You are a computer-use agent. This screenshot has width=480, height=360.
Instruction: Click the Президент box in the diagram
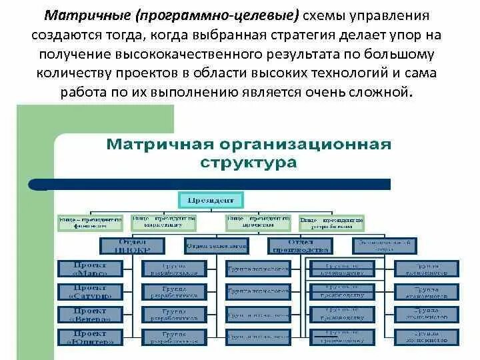pyautogui.click(x=211, y=198)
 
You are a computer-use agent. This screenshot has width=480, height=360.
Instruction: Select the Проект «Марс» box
pyautogui.click(x=90, y=269)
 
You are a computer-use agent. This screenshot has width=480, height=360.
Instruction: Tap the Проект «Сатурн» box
pyautogui.click(x=90, y=291)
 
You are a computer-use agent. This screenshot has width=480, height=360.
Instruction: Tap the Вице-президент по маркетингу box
pyautogui.click(x=163, y=221)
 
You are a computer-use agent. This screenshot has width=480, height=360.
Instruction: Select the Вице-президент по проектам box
pyautogui.click(x=258, y=221)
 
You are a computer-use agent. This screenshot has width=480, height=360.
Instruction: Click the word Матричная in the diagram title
pyautogui.click(x=156, y=145)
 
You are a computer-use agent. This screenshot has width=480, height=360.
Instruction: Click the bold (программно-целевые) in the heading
pyautogui.click(x=217, y=15)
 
